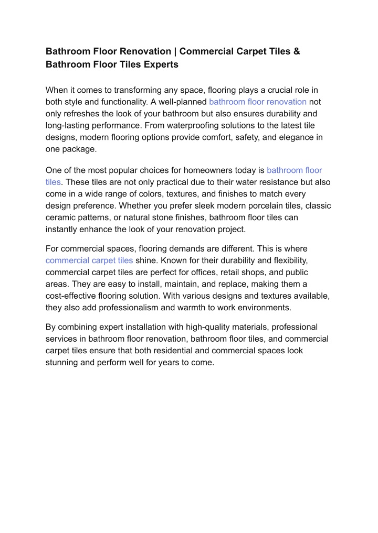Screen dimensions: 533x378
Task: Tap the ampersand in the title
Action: (297, 51)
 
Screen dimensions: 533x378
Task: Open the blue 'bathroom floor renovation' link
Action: (258, 102)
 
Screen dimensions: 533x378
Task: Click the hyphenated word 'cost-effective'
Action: (72, 296)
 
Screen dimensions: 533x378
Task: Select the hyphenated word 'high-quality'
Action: (207, 327)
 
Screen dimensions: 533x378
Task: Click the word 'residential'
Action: (146, 351)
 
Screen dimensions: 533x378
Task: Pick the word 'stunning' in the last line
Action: (62, 362)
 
